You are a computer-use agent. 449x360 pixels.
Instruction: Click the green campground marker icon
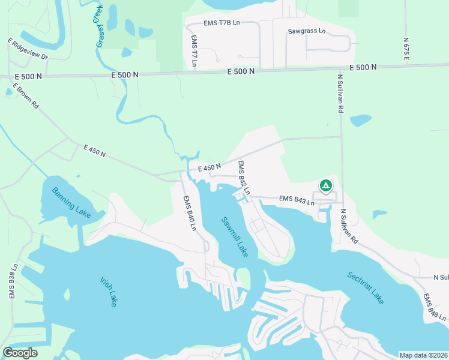click(325, 186)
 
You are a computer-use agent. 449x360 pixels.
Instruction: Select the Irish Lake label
click(107, 291)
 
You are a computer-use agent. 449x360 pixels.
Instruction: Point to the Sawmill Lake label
click(234, 237)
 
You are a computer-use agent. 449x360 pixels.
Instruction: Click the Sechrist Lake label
click(365, 287)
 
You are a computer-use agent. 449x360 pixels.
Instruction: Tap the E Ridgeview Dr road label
click(28, 49)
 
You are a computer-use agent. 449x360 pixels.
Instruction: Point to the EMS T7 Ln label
click(194, 50)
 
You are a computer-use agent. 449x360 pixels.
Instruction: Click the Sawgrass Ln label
click(306, 30)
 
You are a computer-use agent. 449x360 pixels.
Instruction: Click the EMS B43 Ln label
click(297, 201)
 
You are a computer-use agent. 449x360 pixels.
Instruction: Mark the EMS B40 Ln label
click(190, 213)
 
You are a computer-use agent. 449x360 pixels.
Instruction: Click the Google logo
click(20, 352)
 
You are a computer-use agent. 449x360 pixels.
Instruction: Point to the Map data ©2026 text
click(423, 355)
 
